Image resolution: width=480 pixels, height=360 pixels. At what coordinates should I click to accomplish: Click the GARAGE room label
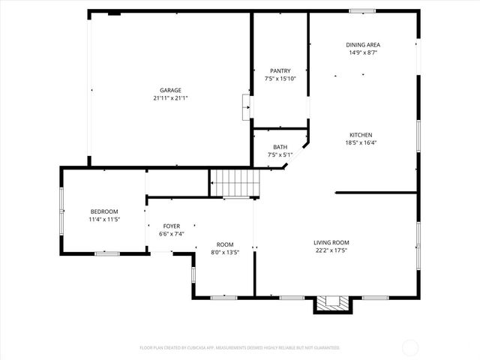pyautogui.click(x=169, y=90)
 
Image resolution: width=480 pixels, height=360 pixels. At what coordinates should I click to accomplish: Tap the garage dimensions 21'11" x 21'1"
pyautogui.click(x=169, y=98)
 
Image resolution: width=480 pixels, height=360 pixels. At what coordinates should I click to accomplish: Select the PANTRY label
pyautogui.click(x=280, y=70)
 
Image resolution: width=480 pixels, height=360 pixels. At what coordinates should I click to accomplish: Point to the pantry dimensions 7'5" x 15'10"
pyautogui.click(x=280, y=79)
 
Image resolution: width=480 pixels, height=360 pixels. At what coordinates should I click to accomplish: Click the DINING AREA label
pyautogui.click(x=362, y=44)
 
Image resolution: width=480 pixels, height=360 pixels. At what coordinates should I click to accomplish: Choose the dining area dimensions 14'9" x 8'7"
pyautogui.click(x=362, y=52)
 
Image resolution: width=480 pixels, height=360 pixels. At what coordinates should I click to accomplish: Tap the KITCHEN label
pyautogui.click(x=361, y=135)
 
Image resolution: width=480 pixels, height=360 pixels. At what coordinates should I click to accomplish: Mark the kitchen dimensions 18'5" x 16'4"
pyautogui.click(x=361, y=142)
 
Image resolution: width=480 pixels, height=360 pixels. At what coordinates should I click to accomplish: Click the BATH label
pyautogui.click(x=280, y=147)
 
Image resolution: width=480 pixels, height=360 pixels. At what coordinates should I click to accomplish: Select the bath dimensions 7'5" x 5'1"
pyautogui.click(x=280, y=155)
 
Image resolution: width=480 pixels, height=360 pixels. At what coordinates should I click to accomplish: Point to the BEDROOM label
pyautogui.click(x=104, y=211)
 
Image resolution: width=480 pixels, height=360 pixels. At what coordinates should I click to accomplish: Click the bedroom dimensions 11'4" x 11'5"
pyautogui.click(x=104, y=220)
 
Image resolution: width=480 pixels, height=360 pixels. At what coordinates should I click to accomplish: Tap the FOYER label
pyautogui.click(x=171, y=226)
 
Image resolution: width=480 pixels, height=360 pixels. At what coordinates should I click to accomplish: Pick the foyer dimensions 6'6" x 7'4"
pyautogui.click(x=171, y=234)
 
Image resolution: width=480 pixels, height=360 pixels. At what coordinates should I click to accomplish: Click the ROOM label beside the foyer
pyautogui.click(x=225, y=244)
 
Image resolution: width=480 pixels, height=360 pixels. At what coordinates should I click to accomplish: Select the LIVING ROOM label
pyautogui.click(x=331, y=241)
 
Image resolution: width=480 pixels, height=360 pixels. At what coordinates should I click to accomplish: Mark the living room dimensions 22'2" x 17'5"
pyautogui.click(x=331, y=250)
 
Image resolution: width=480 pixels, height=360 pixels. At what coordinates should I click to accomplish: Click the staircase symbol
pyautogui.click(x=234, y=182)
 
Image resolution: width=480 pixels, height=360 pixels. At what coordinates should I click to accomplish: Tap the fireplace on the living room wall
pyautogui.click(x=331, y=302)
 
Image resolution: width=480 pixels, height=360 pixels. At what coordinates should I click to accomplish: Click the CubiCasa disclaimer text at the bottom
pyautogui.click(x=240, y=348)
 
